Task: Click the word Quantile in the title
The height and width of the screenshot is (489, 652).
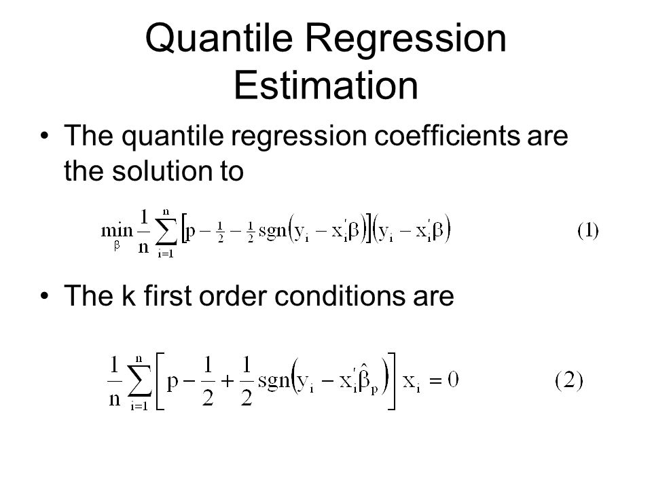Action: [x=219, y=39]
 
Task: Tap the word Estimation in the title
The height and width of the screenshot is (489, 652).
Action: [x=325, y=86]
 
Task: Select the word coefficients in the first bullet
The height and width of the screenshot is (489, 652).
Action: [x=447, y=135]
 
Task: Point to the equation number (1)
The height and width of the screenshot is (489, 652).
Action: [x=587, y=230]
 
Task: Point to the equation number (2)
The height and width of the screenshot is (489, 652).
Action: [x=569, y=380]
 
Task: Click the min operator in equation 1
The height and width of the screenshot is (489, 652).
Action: [x=117, y=230]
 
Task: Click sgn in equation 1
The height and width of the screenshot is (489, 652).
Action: [x=273, y=230]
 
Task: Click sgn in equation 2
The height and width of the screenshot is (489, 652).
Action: [x=274, y=380]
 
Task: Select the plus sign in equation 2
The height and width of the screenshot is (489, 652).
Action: [x=228, y=381]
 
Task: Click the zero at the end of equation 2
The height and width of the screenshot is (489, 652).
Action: [x=453, y=380]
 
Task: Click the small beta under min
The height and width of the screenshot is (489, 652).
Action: [x=117, y=246]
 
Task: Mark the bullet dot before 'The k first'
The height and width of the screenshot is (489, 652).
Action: [x=45, y=295]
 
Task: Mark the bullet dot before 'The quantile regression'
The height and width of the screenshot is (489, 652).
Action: [x=45, y=136]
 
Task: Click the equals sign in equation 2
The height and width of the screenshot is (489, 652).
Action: [x=435, y=380]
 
